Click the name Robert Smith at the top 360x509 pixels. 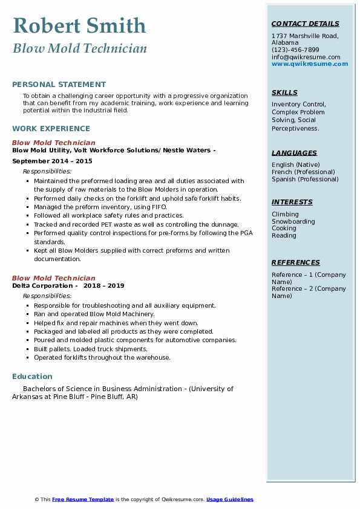79,25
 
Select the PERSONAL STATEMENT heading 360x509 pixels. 59,85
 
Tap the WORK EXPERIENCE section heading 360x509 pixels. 51,128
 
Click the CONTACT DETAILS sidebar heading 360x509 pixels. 305,24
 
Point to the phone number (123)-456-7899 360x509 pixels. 295,50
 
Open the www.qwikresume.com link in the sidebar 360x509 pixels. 309,64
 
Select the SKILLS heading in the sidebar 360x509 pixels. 284,92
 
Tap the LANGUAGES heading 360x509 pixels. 294,153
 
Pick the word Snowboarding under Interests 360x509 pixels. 293,221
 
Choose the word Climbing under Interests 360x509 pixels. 285,214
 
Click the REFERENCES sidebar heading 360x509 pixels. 296,262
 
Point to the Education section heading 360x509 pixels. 32,376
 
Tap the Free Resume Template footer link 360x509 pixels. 83,499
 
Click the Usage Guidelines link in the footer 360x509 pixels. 229,499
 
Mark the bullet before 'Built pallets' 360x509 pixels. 28,349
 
